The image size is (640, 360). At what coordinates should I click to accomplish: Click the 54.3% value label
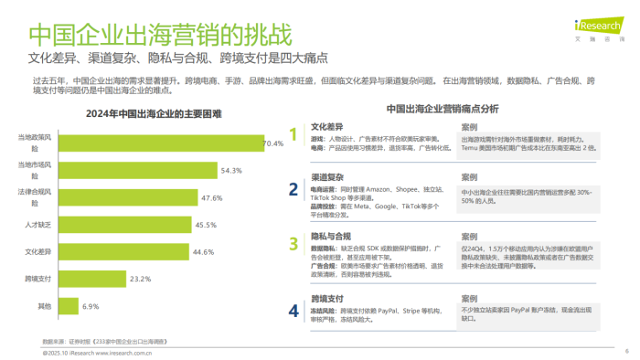tap(230, 170)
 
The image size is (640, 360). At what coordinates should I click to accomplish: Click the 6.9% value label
tap(91, 305)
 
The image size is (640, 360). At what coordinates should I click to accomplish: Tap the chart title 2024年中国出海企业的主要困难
tap(145, 113)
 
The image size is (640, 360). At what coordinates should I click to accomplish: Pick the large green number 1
tap(293, 135)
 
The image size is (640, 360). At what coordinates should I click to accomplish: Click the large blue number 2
tap(293, 189)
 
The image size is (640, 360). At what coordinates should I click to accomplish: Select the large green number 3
tap(293, 244)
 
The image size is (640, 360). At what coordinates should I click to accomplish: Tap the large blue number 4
tap(293, 310)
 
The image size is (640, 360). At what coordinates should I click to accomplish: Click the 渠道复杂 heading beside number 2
tap(327, 175)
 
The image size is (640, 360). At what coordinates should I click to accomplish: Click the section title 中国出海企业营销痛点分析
tap(442, 108)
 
